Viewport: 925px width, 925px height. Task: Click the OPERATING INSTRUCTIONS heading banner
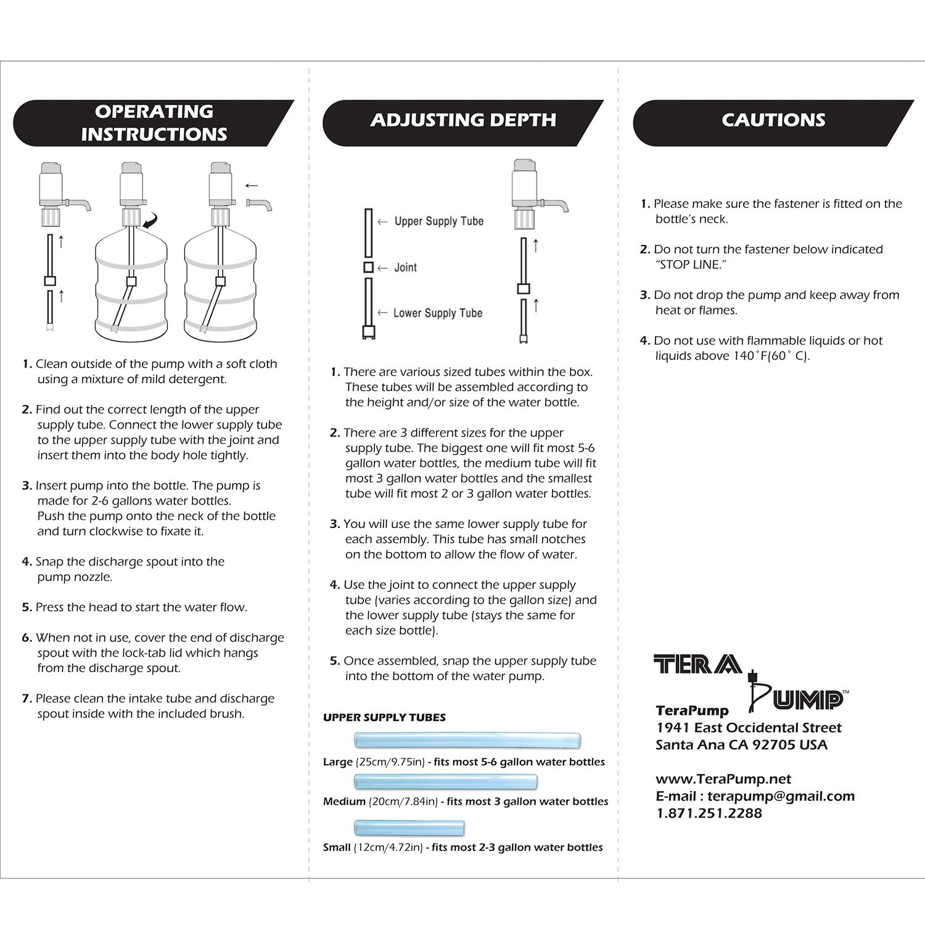click(154, 123)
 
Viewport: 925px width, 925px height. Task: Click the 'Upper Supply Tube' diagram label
click(438, 221)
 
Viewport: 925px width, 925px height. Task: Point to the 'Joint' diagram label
click(405, 268)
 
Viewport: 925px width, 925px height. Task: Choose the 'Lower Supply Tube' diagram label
click(437, 313)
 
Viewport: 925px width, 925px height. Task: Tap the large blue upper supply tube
click(467, 740)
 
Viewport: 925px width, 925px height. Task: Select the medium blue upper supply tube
click(445, 781)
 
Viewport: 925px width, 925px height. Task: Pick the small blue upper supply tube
click(409, 828)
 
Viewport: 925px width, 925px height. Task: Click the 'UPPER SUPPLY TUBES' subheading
click(384, 717)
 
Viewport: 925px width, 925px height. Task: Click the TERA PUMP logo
click(751, 680)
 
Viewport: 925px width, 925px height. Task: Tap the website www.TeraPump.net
click(723, 779)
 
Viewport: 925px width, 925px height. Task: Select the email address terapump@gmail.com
click(781, 796)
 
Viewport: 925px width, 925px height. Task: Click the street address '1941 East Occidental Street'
click(749, 728)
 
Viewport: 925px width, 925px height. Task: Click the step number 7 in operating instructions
click(27, 699)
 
